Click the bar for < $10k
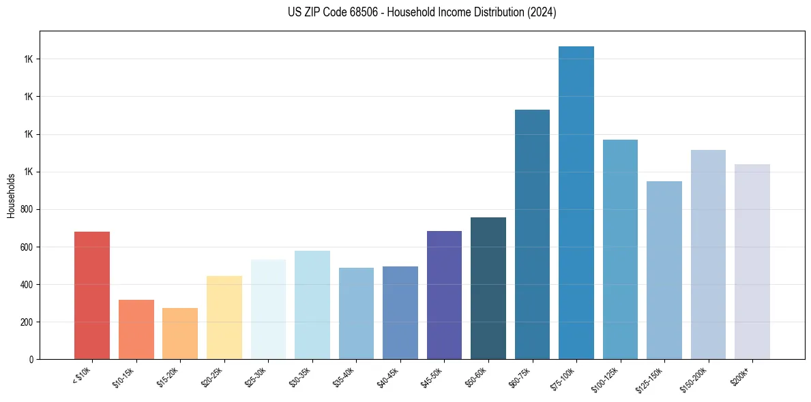tap(92, 296)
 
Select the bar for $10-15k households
tap(136, 330)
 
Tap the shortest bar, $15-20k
tap(180, 334)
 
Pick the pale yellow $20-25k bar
tap(224, 318)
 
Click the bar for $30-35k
tap(312, 305)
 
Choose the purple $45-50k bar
tap(444, 295)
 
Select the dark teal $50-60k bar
tap(488, 288)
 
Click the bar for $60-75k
tap(532, 234)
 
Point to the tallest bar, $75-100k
tap(576, 203)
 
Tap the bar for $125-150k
tap(664, 270)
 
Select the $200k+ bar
tap(752, 262)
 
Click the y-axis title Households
tap(11, 196)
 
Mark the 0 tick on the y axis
tap(31, 359)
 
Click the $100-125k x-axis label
tap(607, 379)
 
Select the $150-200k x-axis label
tap(695, 379)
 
